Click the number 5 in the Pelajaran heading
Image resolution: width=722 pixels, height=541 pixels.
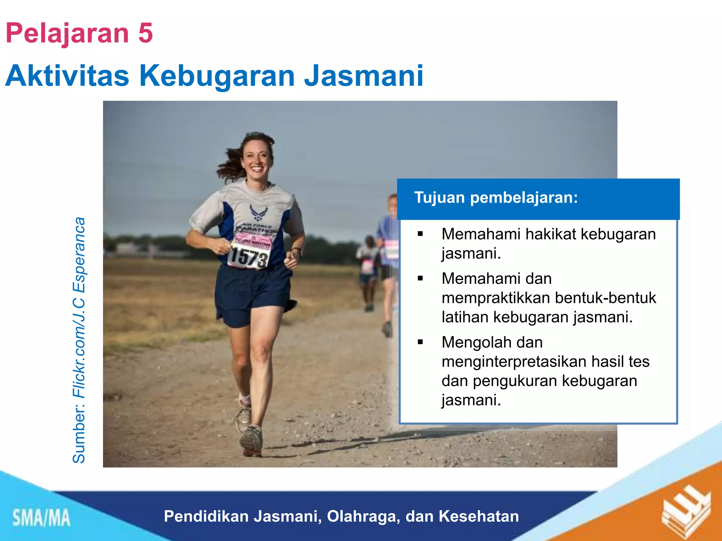pyautogui.click(x=145, y=33)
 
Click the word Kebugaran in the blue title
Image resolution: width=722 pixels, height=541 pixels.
pyautogui.click(x=217, y=76)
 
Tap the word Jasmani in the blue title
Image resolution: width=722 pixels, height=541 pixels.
pyautogui.click(x=363, y=76)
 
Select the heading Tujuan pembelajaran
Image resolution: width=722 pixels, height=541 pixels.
pyautogui.click(x=496, y=198)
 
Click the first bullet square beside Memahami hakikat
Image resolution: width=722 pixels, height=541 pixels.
pyautogui.click(x=420, y=234)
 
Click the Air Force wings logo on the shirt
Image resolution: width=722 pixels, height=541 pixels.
pyautogui.click(x=258, y=212)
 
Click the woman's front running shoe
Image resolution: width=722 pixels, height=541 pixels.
pyautogui.click(x=251, y=441)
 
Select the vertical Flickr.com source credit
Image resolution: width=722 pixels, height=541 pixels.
pyautogui.click(x=79, y=340)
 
